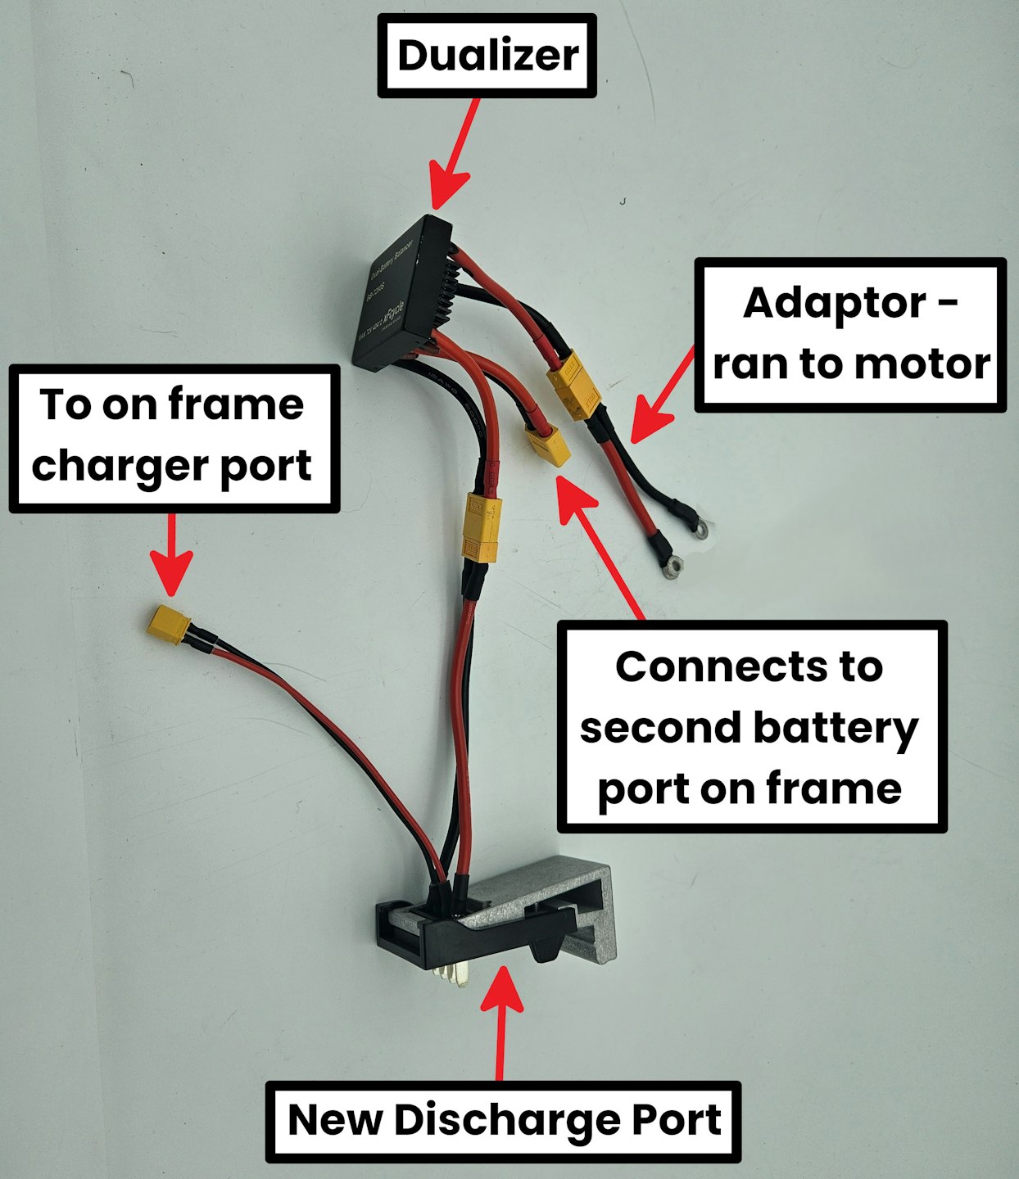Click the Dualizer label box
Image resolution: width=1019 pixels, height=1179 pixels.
487,56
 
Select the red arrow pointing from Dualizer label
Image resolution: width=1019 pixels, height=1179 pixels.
455,156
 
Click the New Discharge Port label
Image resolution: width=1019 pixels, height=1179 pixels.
504,1121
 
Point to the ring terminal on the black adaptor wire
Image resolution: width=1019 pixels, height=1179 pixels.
699,528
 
